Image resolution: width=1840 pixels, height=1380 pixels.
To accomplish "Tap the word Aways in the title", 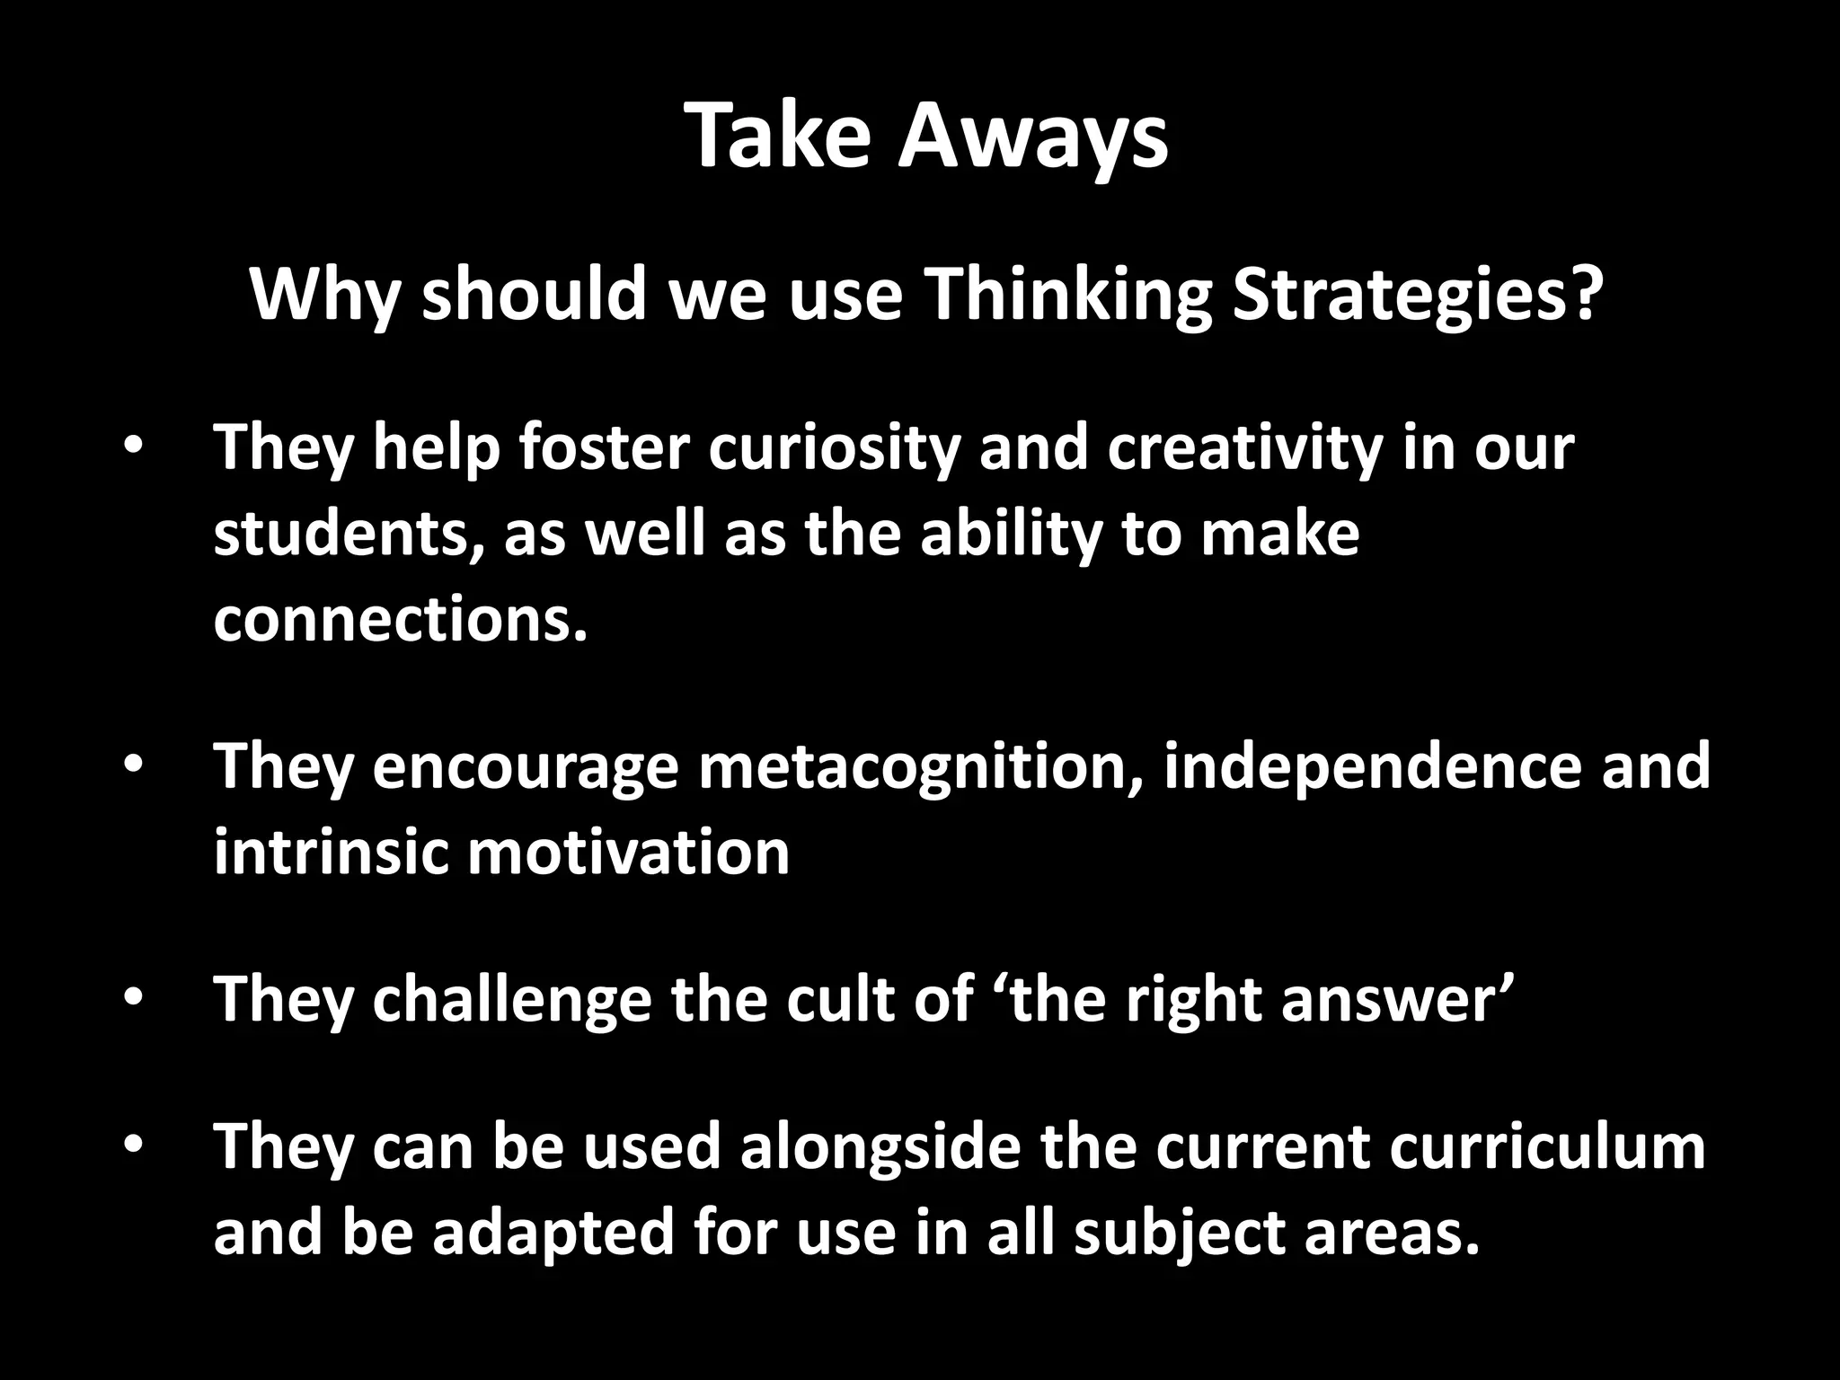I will pos(1033,137).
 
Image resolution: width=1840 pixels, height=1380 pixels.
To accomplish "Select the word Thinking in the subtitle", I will pos(1067,295).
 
